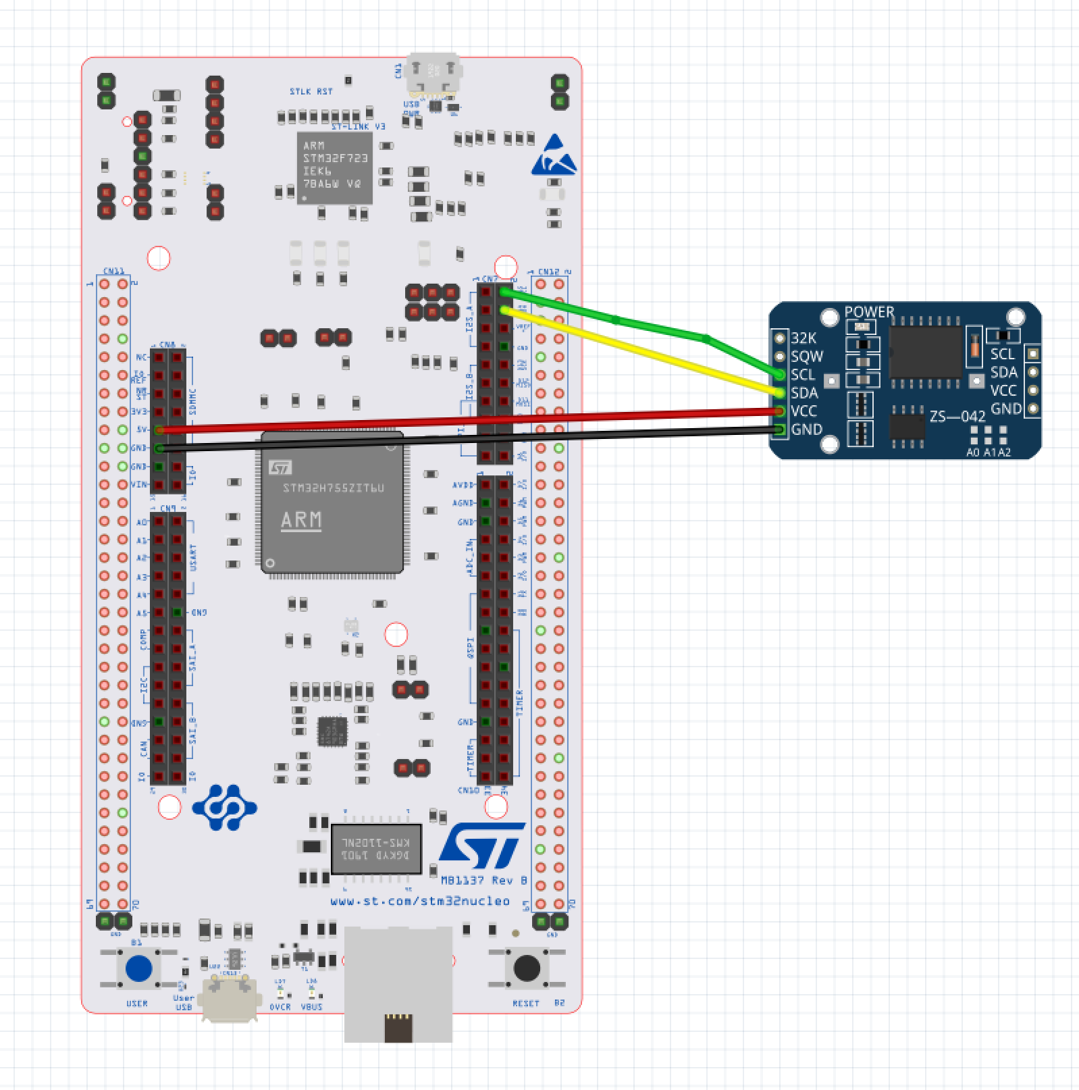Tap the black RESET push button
coord(527,968)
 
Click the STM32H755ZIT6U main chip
coord(332,503)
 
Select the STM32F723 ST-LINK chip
coord(335,167)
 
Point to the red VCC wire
coord(473,420)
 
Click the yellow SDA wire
coord(641,351)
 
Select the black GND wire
coord(473,439)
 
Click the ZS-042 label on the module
coord(957,416)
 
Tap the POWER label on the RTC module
coord(869,312)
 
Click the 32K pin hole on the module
coord(781,338)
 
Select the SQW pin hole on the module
coord(781,356)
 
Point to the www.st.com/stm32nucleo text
coord(420,902)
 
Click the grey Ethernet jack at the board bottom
coord(398,983)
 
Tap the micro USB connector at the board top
coord(433,74)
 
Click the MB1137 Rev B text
coord(483,881)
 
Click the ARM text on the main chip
coord(301,520)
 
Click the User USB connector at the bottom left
coord(231,996)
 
